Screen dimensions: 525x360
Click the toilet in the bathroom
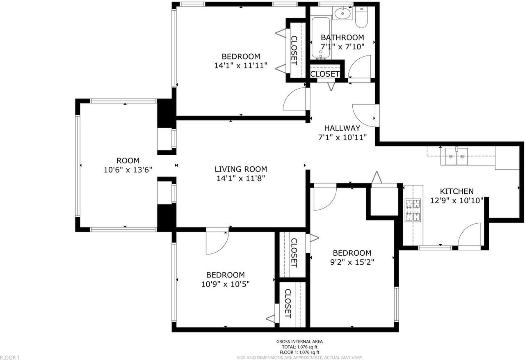[361, 17]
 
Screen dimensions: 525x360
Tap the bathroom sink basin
[342, 13]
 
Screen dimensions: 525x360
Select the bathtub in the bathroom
[321, 37]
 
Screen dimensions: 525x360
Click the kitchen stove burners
[413, 210]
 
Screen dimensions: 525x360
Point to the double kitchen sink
[456, 156]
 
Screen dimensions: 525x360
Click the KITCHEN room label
[457, 191]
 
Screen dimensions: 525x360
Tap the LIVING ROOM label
[241, 169]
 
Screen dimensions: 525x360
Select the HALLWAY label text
[342, 128]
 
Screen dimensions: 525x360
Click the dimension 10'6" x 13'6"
[128, 170]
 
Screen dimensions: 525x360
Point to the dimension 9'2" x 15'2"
[352, 262]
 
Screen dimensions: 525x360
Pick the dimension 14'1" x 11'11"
[241, 65]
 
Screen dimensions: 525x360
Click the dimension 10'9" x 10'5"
[225, 284]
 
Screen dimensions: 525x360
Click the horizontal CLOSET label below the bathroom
[324, 74]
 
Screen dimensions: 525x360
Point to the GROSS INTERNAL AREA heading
[299, 342]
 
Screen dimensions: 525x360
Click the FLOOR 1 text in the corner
[10, 358]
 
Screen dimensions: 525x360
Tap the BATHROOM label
[342, 37]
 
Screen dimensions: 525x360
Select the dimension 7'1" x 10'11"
[342, 137]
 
